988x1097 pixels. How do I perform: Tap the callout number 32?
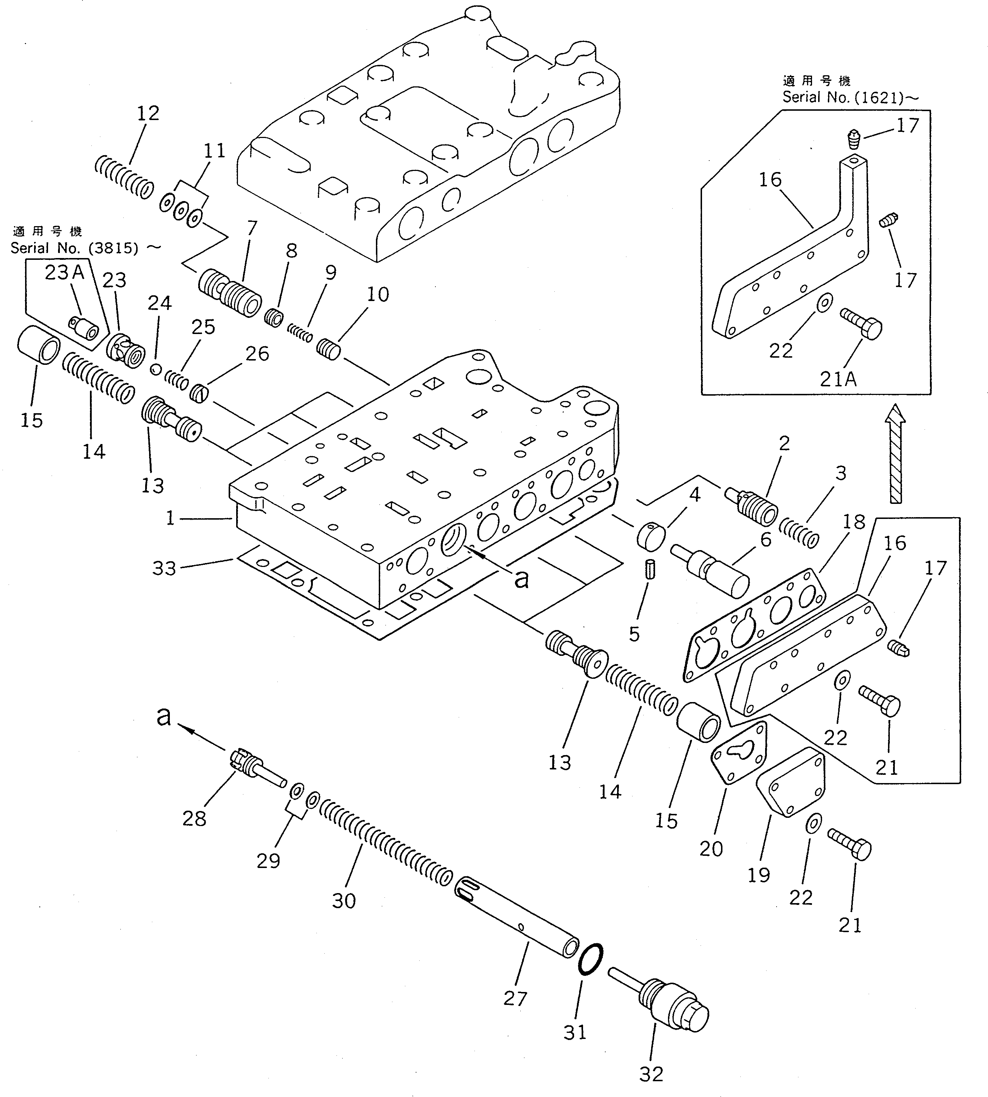click(x=651, y=1074)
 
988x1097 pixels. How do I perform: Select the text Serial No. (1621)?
click(x=850, y=98)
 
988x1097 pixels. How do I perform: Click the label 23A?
click(x=65, y=272)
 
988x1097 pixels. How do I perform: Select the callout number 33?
click(x=164, y=568)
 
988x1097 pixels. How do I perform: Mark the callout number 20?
click(x=711, y=848)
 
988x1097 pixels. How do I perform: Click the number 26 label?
click(x=257, y=353)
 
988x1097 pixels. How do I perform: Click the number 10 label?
click(x=378, y=295)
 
